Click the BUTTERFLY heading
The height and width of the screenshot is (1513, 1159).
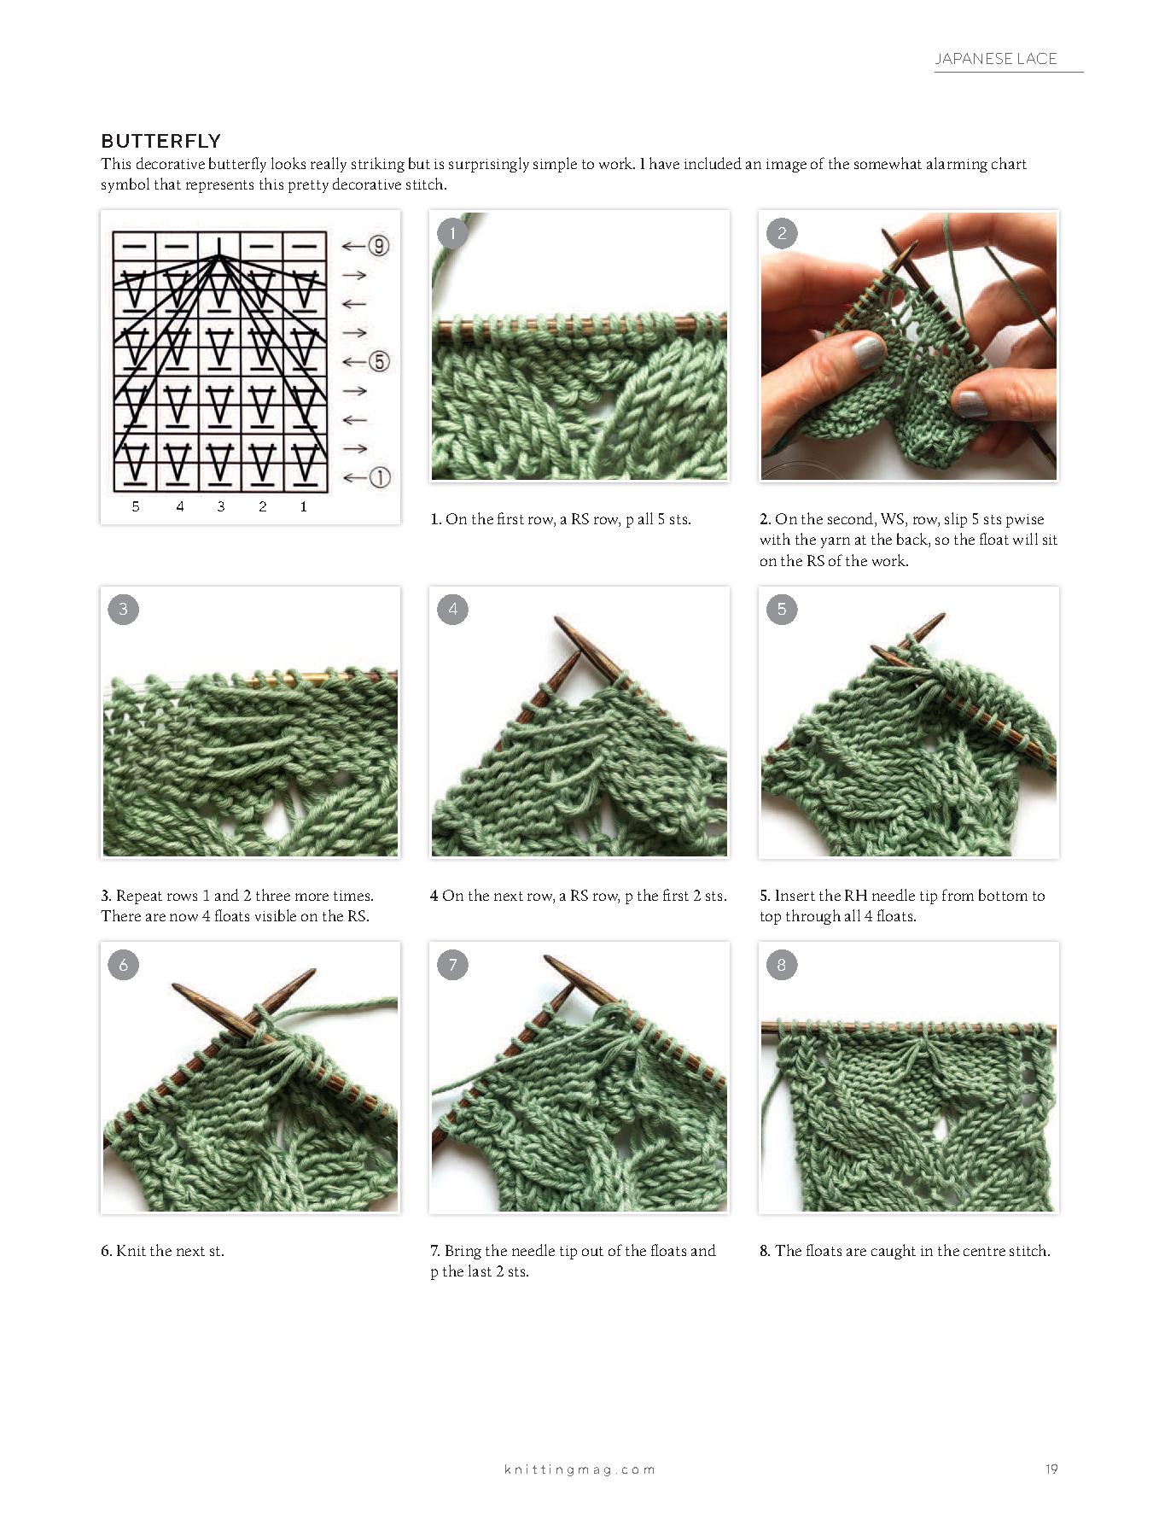pos(161,141)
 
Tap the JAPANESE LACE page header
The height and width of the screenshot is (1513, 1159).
pos(996,59)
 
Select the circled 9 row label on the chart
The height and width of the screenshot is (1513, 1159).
pos(379,246)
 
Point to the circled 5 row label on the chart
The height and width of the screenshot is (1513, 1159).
pos(379,361)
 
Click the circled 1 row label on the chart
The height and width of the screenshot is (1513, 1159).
pos(379,477)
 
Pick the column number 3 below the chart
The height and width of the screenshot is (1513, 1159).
pos(221,506)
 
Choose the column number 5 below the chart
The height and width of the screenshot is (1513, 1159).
pos(136,506)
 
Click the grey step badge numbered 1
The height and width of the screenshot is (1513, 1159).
pos(452,232)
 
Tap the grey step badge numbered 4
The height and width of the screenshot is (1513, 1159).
pos(452,609)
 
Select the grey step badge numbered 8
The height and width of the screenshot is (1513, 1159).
pos(782,965)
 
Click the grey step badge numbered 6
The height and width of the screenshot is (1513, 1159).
pos(124,965)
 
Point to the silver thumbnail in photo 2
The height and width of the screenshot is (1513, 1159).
pos(970,403)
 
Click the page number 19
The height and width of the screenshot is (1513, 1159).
pos(1051,1469)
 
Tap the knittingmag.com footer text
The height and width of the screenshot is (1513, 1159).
pos(579,1469)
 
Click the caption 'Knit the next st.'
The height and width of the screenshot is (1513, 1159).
pos(170,1251)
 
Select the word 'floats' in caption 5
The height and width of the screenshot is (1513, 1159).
pos(895,916)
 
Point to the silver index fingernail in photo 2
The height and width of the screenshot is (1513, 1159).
pos(868,352)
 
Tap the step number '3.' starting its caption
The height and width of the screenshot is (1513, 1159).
pos(106,896)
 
